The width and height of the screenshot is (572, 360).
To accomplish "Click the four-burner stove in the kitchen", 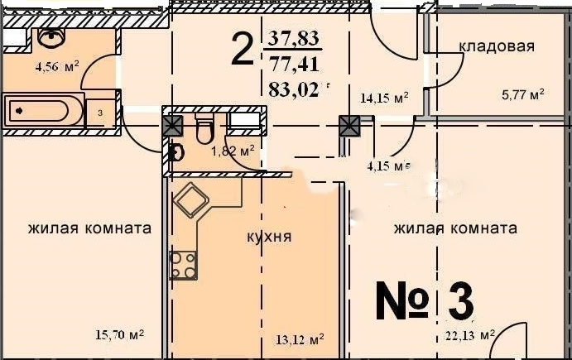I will coord(183,265).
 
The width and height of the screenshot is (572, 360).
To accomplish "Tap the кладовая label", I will coord(497,46).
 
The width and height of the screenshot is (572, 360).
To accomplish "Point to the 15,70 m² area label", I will coord(119,335).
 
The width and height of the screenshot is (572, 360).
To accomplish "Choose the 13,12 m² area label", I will coord(298,338).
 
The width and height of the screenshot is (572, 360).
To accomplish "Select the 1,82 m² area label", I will coord(232,151).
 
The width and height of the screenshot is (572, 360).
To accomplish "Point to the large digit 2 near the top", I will coord(242,50).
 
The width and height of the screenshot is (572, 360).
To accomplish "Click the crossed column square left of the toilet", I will coord(172,126).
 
